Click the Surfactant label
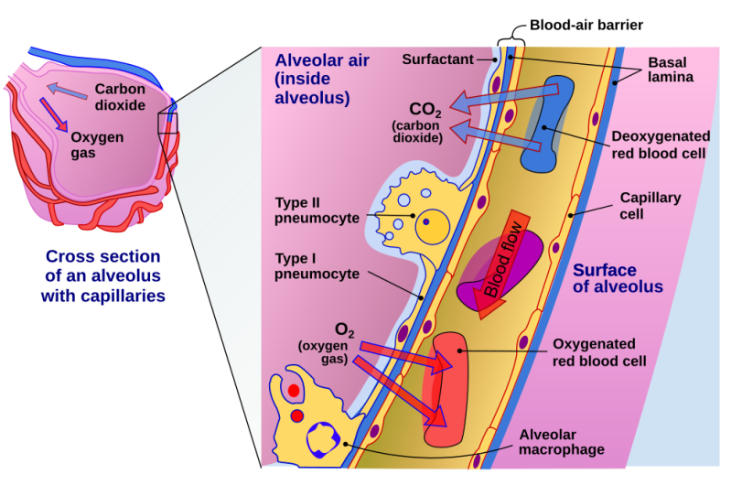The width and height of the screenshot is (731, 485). point(437,59)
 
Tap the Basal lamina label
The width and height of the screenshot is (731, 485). point(672,70)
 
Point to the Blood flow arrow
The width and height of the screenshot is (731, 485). point(500,266)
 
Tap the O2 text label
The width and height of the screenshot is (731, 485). point(344,329)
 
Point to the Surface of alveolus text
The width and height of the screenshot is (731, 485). point(618,278)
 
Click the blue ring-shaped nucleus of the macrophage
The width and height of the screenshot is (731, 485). point(322,441)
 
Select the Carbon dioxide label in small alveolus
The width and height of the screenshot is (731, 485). point(120,97)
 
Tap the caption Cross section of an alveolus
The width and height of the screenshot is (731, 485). point(102,275)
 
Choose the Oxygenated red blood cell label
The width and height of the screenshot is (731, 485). point(599,352)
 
